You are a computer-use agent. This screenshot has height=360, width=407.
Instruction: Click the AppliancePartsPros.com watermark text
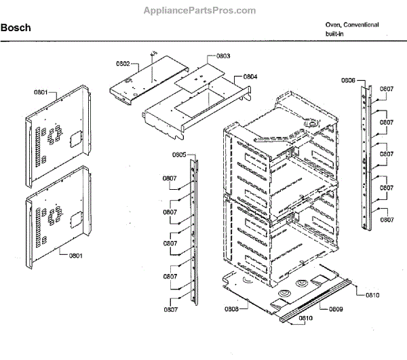coord(200,11)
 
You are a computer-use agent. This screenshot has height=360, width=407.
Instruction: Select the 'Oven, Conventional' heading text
coord(351,24)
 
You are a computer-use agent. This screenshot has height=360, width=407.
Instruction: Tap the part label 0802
coord(123,64)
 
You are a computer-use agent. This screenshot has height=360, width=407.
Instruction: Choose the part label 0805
coord(178,155)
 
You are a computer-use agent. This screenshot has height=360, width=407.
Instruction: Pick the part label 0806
coord(348,81)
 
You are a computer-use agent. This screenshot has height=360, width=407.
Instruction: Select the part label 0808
coord(231,308)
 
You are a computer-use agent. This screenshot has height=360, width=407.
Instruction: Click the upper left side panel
coord(60,132)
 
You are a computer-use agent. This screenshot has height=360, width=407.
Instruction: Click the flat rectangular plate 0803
coord(197,81)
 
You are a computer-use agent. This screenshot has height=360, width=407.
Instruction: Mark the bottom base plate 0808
coord(265,292)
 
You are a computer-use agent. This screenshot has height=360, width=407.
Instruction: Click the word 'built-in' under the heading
coord(335,33)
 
